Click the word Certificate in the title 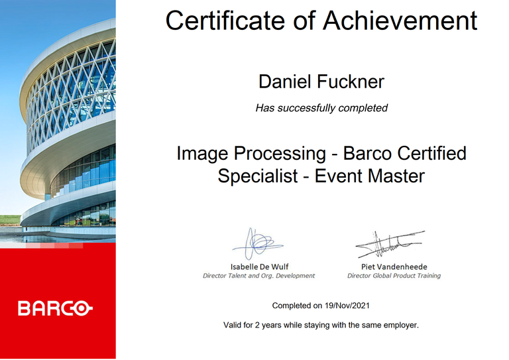pyautogui.click(x=225, y=21)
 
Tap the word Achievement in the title pyautogui.click(x=400, y=21)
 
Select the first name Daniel pyautogui.click(x=285, y=81)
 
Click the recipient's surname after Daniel pyautogui.click(x=351, y=81)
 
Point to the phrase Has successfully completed pyautogui.click(x=321, y=108)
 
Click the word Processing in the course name pyautogui.click(x=280, y=154)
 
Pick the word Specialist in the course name pyautogui.click(x=258, y=176)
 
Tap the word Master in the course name pyautogui.click(x=396, y=176)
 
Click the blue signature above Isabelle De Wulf pyautogui.click(x=256, y=244)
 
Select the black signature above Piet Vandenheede pyautogui.click(x=390, y=244)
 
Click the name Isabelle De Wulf pyautogui.click(x=259, y=267)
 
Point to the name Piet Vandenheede pyautogui.click(x=394, y=267)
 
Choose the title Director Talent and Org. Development pyautogui.click(x=258, y=276)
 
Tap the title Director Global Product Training pyautogui.click(x=394, y=276)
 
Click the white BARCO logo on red pyautogui.click(x=55, y=308)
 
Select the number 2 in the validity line pyautogui.click(x=256, y=325)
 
